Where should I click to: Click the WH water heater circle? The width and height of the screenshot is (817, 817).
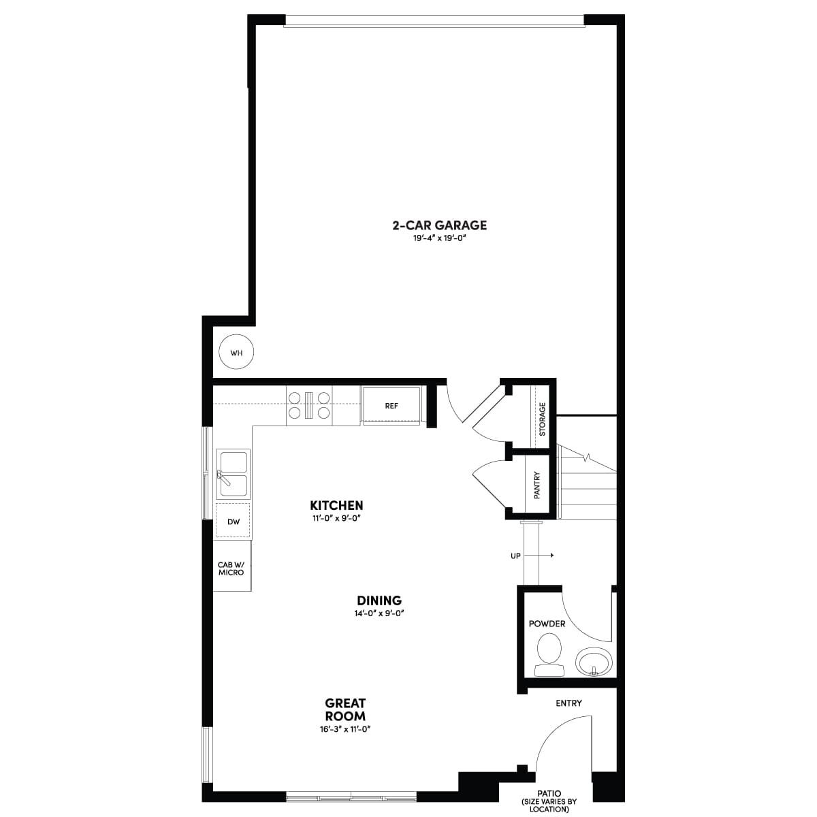pos(236,352)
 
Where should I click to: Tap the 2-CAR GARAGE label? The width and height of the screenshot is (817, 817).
pos(439,225)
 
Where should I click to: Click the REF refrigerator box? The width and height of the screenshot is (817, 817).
pos(391,406)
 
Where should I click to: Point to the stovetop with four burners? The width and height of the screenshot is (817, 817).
pos(309,405)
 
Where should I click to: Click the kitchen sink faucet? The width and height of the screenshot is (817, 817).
pos(223,478)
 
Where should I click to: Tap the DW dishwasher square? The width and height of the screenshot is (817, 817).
pos(233,522)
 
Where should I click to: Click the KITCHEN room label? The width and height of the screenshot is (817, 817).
pos(336,505)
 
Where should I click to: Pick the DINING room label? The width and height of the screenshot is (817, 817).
pos(379,600)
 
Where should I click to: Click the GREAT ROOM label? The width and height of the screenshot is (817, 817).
pos(345,709)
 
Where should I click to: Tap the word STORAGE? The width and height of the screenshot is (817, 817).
pos(542,419)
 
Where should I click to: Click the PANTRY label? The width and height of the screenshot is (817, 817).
pos(536,485)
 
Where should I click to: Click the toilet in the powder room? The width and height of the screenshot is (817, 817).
pos(549,654)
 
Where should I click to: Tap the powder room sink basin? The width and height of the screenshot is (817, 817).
pos(594,661)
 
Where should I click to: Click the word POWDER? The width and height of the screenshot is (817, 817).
pos(547,624)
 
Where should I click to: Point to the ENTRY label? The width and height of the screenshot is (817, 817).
pos(568,703)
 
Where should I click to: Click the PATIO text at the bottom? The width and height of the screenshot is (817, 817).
pos(549,793)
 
